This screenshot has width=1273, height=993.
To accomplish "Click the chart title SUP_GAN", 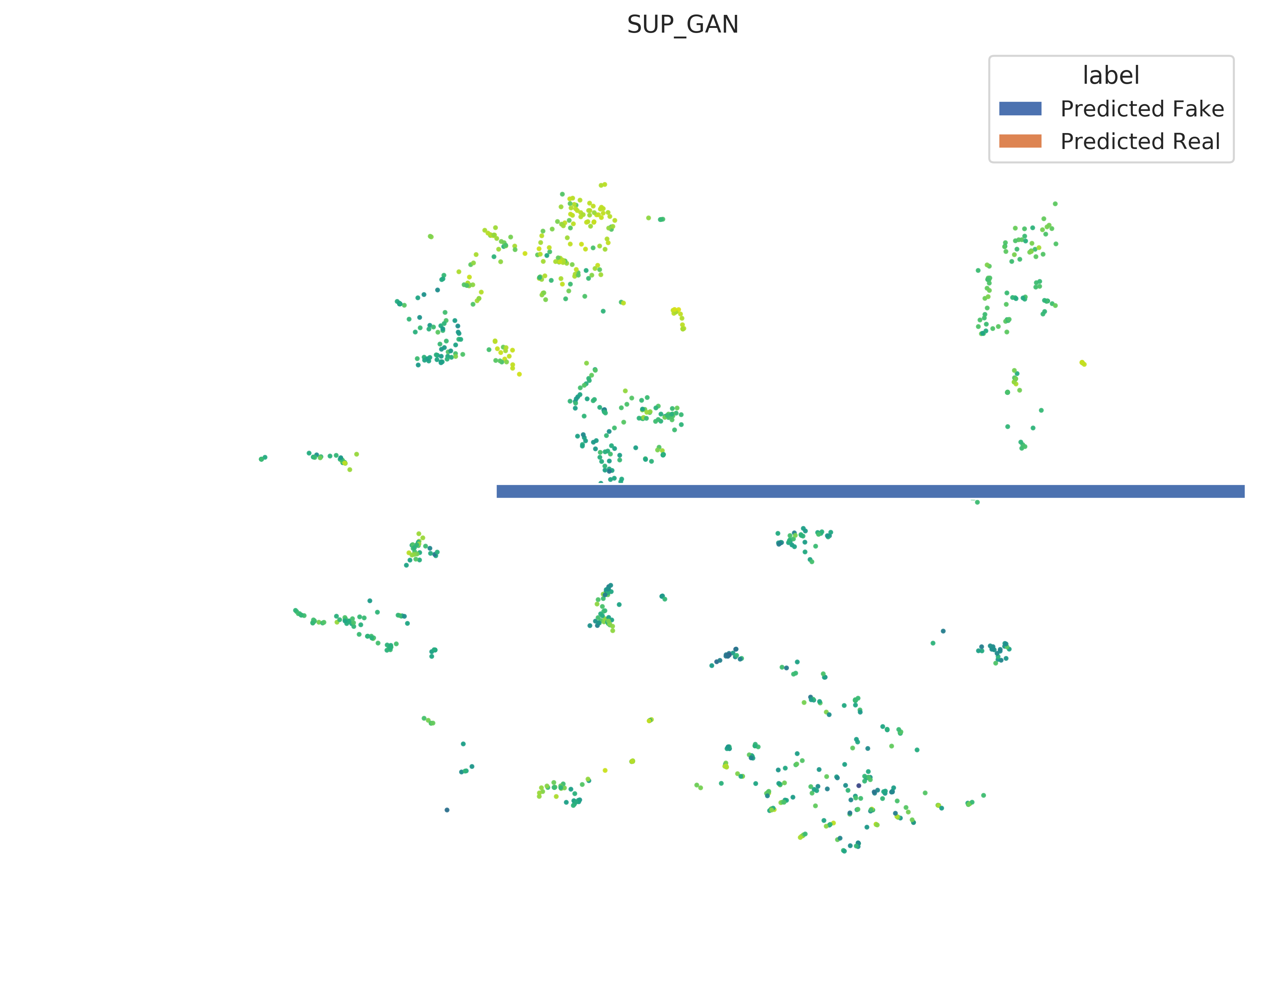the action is tap(683, 25).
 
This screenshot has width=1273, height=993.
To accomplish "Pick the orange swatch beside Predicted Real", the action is tap(1020, 141).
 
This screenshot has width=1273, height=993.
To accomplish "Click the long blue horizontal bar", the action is tap(870, 491).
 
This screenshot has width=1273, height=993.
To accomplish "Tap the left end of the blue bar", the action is tap(497, 491).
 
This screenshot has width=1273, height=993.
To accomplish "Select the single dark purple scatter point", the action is tap(858, 785).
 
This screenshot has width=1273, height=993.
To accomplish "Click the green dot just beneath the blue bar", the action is tap(977, 502).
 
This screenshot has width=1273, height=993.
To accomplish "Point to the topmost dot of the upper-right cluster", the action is tap(1055, 203).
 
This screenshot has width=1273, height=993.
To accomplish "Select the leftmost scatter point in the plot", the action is tap(261, 459).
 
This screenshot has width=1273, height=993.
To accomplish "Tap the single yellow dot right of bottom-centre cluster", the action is tap(605, 770).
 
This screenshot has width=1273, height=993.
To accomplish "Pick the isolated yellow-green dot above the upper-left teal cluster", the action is tap(430, 236).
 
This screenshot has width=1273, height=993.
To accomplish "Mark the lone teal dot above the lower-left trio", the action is tap(463, 744).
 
